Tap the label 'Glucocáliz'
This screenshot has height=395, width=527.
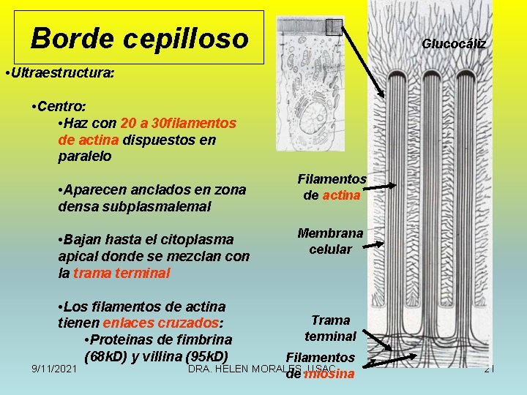click(x=454, y=44)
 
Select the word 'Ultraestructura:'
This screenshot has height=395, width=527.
click(x=61, y=75)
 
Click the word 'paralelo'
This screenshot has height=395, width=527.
click(x=84, y=156)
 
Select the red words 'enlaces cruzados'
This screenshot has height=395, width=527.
click(x=162, y=323)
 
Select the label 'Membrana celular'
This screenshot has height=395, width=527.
click(x=330, y=241)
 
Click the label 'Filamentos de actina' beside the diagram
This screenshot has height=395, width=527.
click(x=332, y=187)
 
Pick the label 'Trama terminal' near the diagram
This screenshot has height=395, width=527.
click(x=330, y=328)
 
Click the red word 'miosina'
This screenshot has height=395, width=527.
click(x=329, y=375)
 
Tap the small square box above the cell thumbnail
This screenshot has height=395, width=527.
click(x=334, y=27)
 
